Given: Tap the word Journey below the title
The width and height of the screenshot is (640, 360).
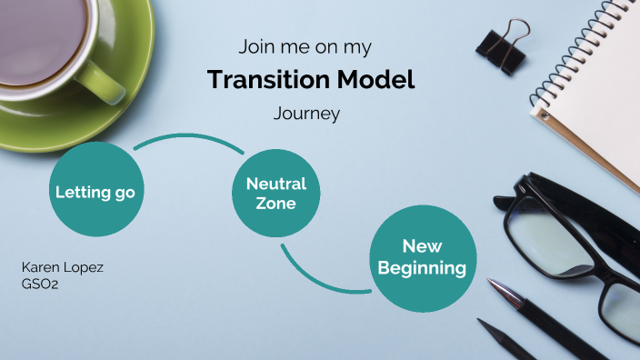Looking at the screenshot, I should pos(306,115).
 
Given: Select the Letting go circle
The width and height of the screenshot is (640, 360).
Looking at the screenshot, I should pos(95,192).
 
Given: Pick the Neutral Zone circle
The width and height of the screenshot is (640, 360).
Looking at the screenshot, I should pos(276,193).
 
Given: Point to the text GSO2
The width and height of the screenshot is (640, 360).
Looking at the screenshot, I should pos(39,283).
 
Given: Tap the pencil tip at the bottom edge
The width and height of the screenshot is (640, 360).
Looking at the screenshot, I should pos(483,326).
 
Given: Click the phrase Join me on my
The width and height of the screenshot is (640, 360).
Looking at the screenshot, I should pos(305,45).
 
